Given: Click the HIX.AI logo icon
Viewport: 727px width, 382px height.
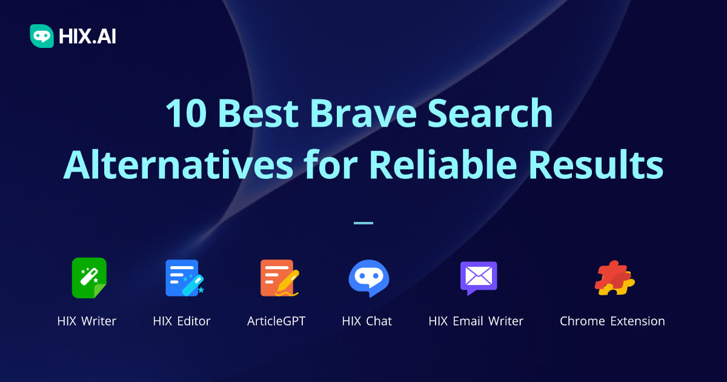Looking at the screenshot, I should click(x=42, y=36).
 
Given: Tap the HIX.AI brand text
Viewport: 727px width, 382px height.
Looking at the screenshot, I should click(x=87, y=37).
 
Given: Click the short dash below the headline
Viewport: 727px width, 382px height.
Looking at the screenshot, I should click(x=363, y=223).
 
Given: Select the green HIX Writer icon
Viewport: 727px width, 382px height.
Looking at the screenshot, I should click(x=89, y=278).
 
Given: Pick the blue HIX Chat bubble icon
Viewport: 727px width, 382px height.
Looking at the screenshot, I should click(x=368, y=278).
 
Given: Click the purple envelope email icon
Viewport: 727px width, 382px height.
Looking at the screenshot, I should click(x=478, y=278).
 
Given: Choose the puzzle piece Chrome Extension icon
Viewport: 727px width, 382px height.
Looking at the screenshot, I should click(x=614, y=278).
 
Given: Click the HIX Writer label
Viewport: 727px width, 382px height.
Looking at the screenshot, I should click(x=87, y=321).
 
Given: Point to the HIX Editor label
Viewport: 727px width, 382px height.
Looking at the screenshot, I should click(x=182, y=321).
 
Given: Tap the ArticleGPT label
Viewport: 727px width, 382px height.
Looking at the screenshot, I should click(x=276, y=321).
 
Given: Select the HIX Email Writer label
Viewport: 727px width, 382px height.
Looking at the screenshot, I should click(x=476, y=321).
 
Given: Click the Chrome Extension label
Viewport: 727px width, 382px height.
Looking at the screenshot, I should click(x=612, y=321).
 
